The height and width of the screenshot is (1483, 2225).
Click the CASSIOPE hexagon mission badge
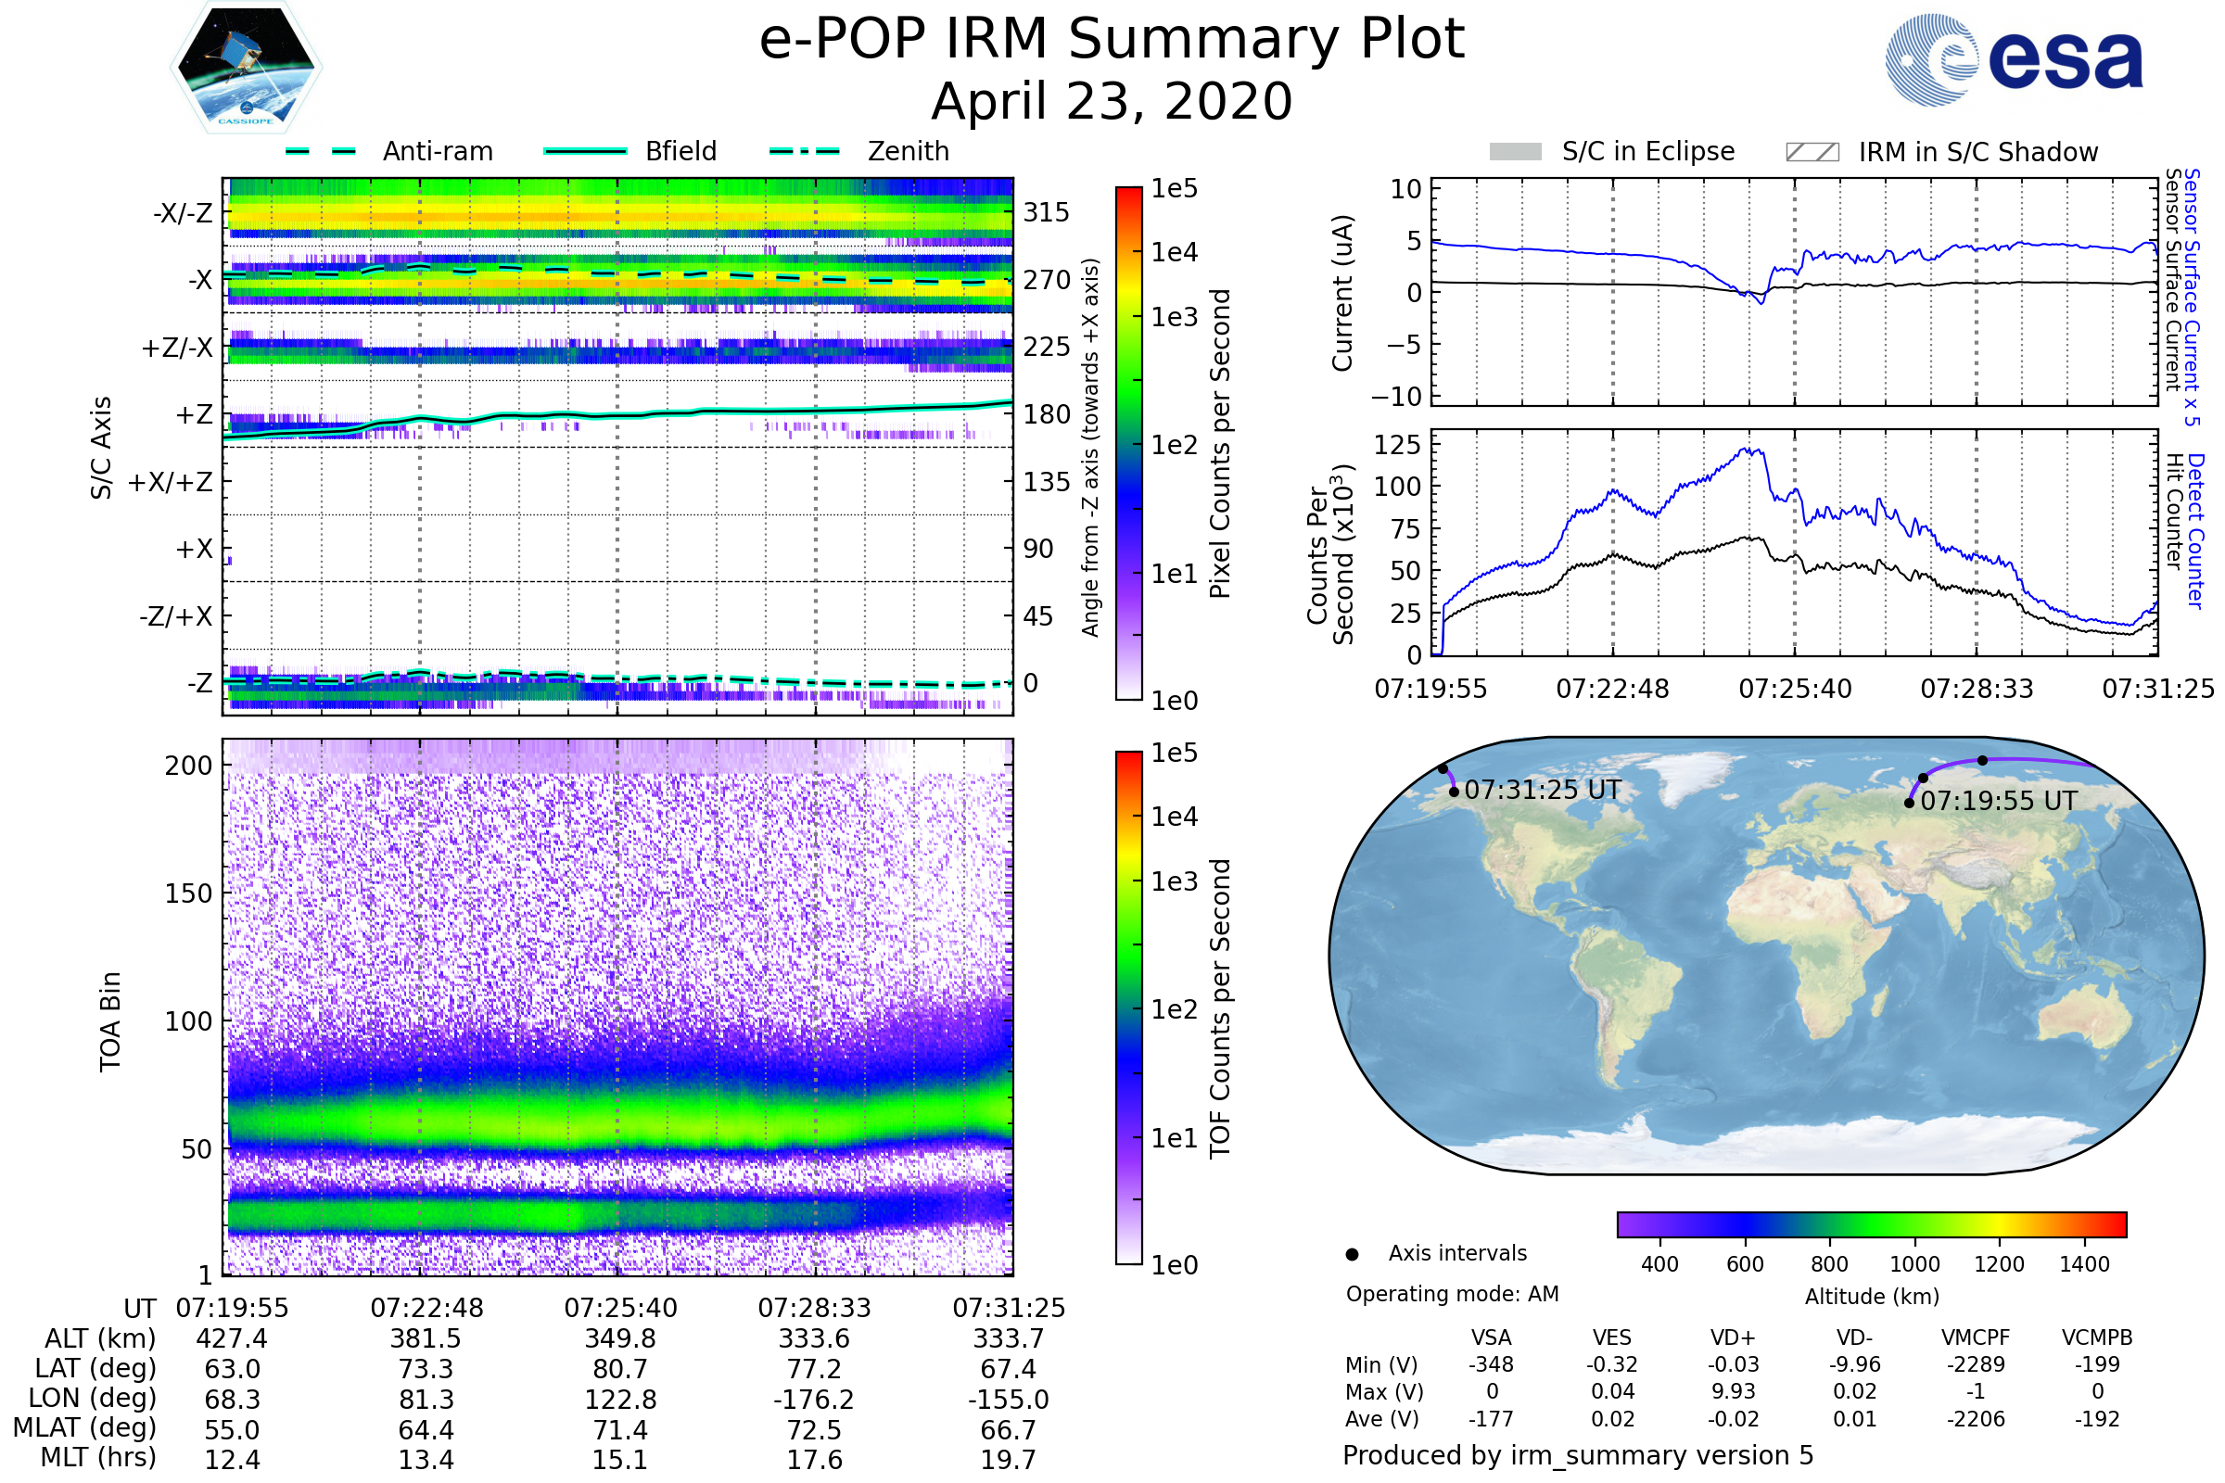click(x=246, y=67)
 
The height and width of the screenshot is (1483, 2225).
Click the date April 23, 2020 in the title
click(x=1112, y=101)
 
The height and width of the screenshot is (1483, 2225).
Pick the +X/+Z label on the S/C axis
click(x=171, y=482)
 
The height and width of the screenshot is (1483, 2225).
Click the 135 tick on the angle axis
click(x=1047, y=482)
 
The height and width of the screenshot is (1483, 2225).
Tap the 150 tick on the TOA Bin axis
click(x=188, y=894)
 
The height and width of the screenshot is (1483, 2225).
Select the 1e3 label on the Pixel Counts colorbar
click(x=1174, y=318)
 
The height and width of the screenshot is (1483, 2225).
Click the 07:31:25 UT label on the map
click(x=1542, y=790)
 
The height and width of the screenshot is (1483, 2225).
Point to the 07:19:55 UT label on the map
click(x=1999, y=801)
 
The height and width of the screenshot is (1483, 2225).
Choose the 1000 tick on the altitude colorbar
click(x=1913, y=1264)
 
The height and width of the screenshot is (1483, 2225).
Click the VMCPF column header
click(x=1976, y=1337)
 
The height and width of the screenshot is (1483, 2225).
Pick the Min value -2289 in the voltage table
click(x=1976, y=1364)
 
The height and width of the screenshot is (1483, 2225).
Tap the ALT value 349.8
click(x=619, y=1338)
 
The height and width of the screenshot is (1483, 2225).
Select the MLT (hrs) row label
click(x=97, y=1457)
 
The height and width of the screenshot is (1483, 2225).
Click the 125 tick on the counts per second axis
click(x=1396, y=445)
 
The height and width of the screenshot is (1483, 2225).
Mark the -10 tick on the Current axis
click(x=1396, y=397)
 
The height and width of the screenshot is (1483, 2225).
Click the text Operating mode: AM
click(x=1452, y=1294)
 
